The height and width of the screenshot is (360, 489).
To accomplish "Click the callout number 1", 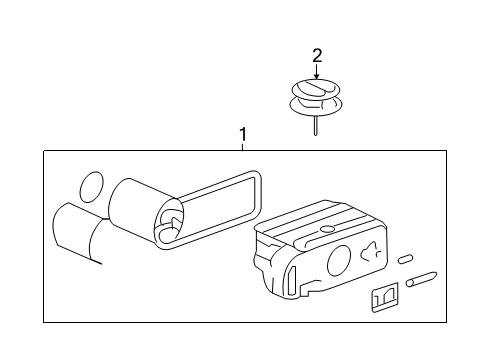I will pos(241,134).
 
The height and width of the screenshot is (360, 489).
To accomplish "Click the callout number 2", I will pos(317,55).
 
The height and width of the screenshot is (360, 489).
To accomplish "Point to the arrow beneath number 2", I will pos(317,72).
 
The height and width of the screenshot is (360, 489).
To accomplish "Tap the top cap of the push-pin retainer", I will pos(316,88).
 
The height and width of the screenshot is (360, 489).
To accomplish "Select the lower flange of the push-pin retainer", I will pos(316,105).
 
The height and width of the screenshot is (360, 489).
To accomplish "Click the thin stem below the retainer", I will pos(316,125).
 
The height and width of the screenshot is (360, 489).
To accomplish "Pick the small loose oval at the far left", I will pos(91,186).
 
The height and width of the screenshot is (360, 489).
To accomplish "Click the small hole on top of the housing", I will pos(326,229).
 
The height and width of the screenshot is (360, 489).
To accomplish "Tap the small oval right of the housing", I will pos(404,259).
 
